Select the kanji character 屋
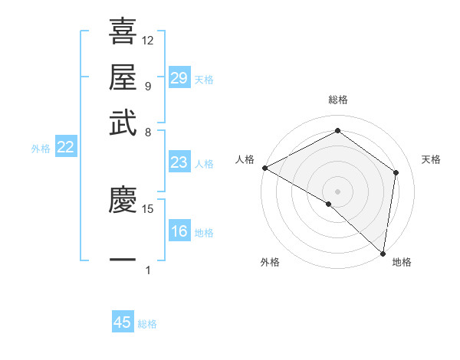[123, 78]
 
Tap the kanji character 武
[123, 123]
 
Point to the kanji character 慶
[123, 201]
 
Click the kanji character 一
[123, 260]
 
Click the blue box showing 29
[179, 77]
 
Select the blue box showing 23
[179, 162]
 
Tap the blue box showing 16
[179, 231]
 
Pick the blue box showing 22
[65, 148]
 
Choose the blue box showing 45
[123, 322]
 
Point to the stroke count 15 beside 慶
[148, 208]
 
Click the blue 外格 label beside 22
[41, 149]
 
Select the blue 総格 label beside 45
[147, 323]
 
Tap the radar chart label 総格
[337, 100]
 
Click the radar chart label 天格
[432, 159]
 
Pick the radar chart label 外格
[270, 263]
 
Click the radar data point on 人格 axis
[264, 168]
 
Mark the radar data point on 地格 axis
[383, 253]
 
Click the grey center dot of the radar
[337, 191]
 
